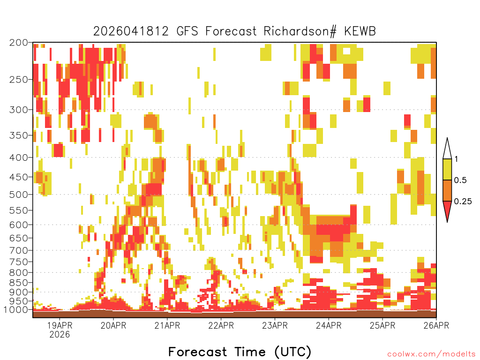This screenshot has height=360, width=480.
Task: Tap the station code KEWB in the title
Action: coord(360,31)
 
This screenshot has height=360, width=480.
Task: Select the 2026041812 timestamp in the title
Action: coord(131,31)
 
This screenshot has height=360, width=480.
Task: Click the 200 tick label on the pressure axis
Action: coord(19,43)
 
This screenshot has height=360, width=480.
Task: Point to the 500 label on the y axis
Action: coord(19,195)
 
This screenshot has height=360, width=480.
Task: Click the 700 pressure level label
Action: coord(19,250)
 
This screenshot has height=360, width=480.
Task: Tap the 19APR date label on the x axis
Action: coord(60,325)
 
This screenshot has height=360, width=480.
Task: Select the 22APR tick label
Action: coord(221,325)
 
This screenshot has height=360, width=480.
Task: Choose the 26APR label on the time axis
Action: coord(436,325)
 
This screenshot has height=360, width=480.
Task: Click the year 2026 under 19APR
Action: coord(60,334)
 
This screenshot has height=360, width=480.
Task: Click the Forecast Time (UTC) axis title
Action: coord(240,352)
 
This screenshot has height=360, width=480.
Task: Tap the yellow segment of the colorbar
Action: coord(447,169)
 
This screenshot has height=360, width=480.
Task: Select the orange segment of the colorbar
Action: coord(447,190)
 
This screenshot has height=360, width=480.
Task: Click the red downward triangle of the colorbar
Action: coord(447,210)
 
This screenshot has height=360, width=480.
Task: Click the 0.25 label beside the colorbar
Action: coord(463,202)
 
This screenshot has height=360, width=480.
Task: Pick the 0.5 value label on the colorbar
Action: coord(460,180)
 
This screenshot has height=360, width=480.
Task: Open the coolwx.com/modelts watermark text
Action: coord(431,354)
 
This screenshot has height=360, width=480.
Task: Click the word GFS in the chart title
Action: coord(187,31)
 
